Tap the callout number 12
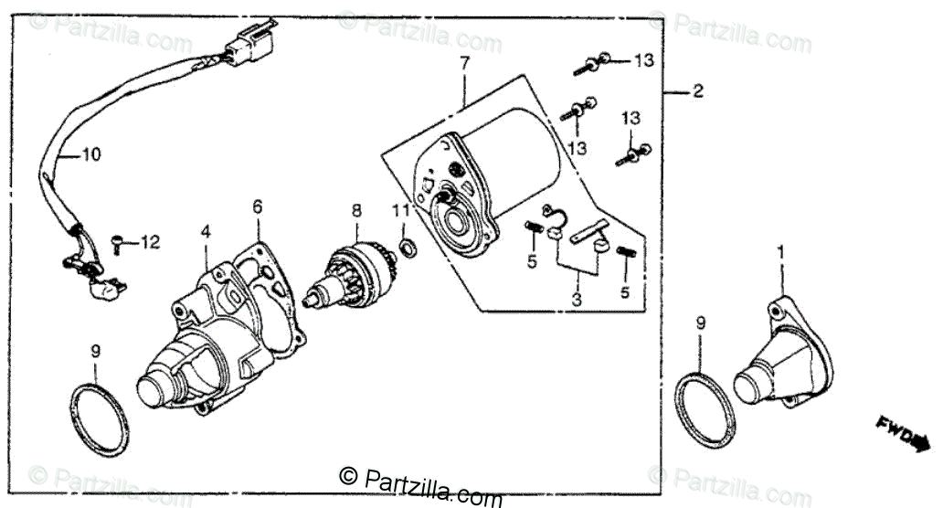pyautogui.click(x=150, y=242)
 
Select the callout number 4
pyautogui.click(x=206, y=232)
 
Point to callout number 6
pyautogui.click(x=257, y=206)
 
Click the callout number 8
pyautogui.click(x=356, y=210)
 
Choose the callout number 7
pyautogui.click(x=463, y=63)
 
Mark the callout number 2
pyautogui.click(x=697, y=91)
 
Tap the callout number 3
pyautogui.click(x=576, y=299)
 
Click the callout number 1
pyautogui.click(x=779, y=249)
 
